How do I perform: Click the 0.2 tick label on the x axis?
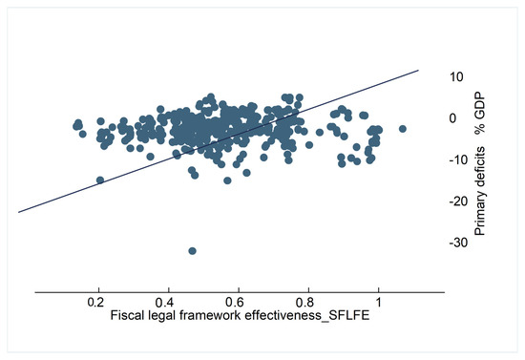[96, 303]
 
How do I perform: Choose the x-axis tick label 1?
[379, 303]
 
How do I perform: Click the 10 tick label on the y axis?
[457, 76]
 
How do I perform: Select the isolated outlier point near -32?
[192, 250]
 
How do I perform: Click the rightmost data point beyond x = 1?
[403, 128]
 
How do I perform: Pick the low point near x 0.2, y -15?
[99, 180]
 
